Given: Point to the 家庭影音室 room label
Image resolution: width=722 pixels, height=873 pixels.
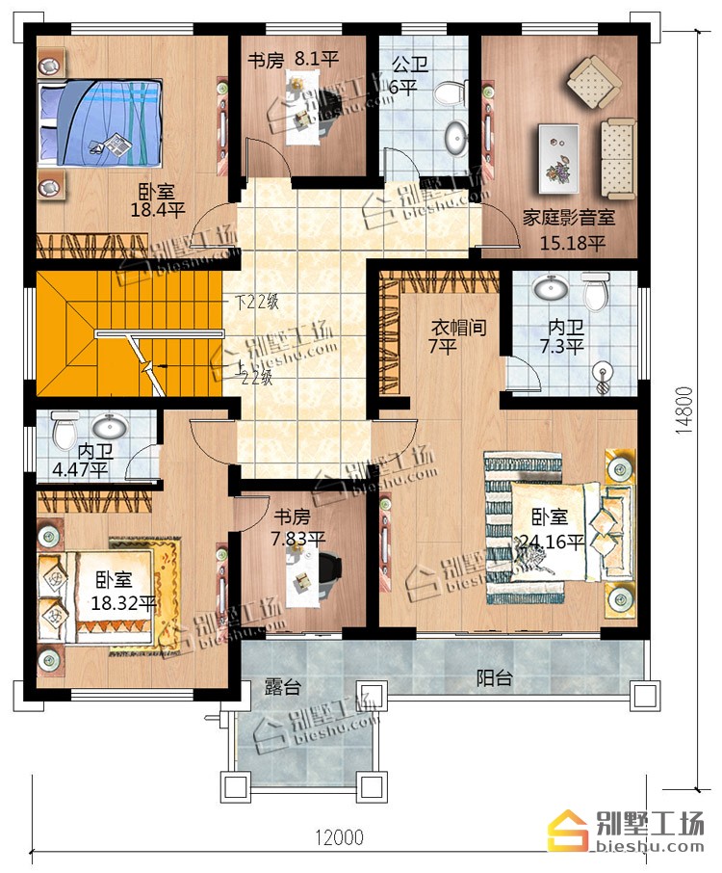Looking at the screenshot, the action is [x=569, y=217].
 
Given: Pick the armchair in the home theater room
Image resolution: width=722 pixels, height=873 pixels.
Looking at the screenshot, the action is [x=594, y=83].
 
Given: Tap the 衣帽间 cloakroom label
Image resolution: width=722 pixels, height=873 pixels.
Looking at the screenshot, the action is [x=459, y=328].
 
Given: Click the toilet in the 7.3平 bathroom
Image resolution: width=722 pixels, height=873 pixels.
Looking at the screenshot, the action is [x=596, y=292].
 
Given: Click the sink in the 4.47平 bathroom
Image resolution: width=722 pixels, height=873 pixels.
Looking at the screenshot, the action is [x=110, y=427].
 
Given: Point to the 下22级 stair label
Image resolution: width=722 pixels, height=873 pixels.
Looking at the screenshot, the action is [x=256, y=303].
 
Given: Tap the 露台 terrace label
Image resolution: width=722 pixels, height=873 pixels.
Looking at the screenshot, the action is [x=283, y=687].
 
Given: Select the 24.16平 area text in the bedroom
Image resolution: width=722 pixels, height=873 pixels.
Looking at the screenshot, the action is [x=552, y=541].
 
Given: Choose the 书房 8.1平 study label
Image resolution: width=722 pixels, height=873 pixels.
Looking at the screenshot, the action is [x=293, y=60].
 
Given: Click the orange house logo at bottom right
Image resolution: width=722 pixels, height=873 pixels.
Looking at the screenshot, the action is [x=568, y=831].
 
